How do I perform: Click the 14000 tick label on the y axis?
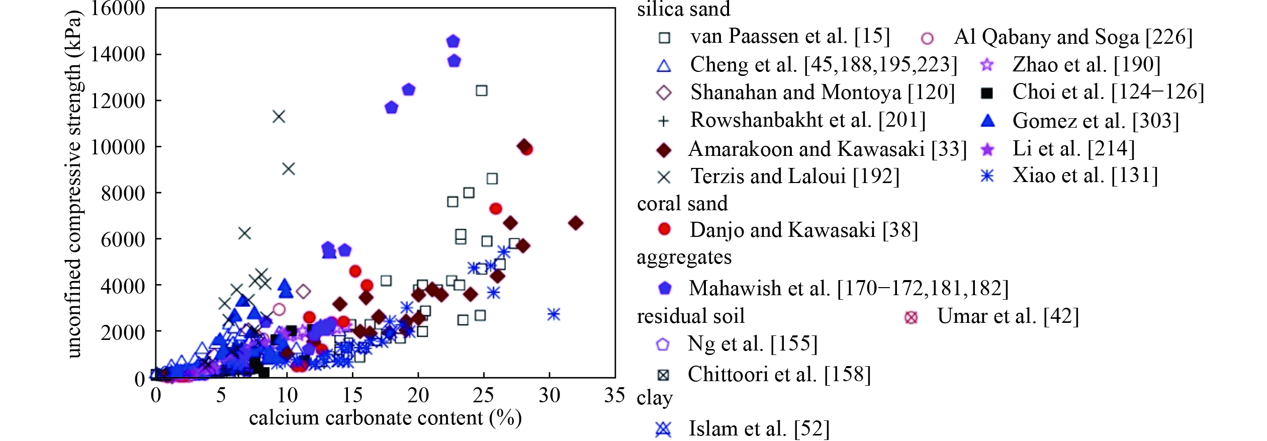coord(118,54)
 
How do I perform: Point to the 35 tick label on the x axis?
coord(614,395)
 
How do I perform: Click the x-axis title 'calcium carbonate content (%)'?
coord(385,418)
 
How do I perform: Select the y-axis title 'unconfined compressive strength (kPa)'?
coord(73,184)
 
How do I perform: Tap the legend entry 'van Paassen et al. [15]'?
coord(790,36)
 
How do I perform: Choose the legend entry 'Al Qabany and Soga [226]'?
coord(1073,37)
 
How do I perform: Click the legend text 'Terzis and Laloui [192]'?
coord(794,177)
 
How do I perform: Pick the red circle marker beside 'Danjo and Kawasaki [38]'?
coord(664,229)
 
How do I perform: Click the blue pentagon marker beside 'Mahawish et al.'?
coord(665,288)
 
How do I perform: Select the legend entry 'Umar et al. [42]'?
coord(1008,316)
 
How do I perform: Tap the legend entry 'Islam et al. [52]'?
coord(759,429)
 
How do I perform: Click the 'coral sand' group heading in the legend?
coord(682,204)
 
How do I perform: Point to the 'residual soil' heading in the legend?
coord(690,316)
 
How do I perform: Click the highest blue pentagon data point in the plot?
coord(453,41)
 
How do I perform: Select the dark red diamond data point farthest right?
coord(576,223)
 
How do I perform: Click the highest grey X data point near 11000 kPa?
coord(279,117)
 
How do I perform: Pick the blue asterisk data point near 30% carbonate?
coord(554,314)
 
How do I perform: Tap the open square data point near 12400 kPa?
coord(481,91)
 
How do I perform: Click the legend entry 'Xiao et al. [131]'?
coord(1085,175)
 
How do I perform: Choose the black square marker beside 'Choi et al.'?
coord(987,93)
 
